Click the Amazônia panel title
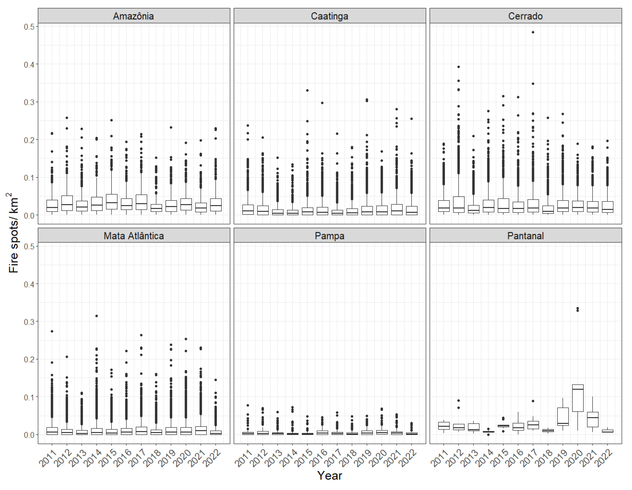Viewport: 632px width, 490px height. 133,16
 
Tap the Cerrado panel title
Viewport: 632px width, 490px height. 525,16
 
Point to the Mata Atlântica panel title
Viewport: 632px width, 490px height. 133,236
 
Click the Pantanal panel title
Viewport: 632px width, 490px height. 525,236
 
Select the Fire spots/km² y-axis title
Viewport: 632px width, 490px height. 13,233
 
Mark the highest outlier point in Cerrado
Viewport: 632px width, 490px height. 533,32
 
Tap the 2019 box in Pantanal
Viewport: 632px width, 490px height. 563,417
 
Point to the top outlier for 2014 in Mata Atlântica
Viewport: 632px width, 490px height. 97,316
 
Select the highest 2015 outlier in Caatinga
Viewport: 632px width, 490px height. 307,90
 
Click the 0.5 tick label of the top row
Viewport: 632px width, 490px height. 29,27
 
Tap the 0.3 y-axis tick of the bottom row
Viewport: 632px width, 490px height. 29,322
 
